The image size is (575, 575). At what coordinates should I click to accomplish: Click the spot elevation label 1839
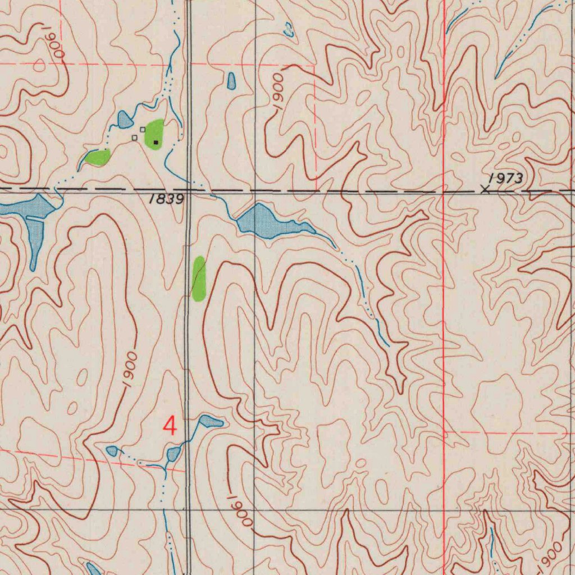[x=167, y=199]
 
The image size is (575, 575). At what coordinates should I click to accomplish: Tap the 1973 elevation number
[x=506, y=179]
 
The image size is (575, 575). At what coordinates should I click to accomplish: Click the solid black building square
[x=156, y=143]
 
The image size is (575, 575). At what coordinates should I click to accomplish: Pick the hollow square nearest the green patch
[x=143, y=130]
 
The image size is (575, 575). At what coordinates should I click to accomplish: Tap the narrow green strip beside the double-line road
[x=199, y=279]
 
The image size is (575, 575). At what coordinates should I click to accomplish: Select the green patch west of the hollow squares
[x=99, y=157]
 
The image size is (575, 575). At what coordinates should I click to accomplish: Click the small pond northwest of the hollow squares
[x=124, y=119]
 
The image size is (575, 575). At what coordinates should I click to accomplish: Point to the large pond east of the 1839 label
[x=267, y=222]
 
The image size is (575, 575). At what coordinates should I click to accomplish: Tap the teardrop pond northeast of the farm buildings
[x=231, y=81]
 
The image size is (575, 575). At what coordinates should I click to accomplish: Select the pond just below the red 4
[x=174, y=454]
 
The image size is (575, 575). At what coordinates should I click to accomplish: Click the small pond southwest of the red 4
[x=112, y=450]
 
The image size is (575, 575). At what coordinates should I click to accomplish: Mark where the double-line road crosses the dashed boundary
[x=188, y=190]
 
